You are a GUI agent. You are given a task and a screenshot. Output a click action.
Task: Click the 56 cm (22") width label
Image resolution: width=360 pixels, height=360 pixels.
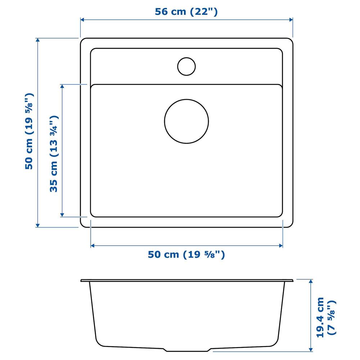coord(186,12)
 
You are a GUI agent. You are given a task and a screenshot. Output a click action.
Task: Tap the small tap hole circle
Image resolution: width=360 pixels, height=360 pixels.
coord(186,66)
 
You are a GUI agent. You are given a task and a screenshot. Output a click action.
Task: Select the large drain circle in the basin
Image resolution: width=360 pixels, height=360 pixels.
coord(186,121)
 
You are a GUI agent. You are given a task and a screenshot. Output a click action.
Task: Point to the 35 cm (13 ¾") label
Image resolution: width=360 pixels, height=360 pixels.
coord(54,154)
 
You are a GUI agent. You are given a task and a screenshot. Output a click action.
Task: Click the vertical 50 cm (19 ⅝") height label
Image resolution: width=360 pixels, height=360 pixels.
coord(29,131)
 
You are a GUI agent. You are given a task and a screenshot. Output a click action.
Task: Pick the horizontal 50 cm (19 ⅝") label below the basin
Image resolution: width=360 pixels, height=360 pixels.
coord(186,255)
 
